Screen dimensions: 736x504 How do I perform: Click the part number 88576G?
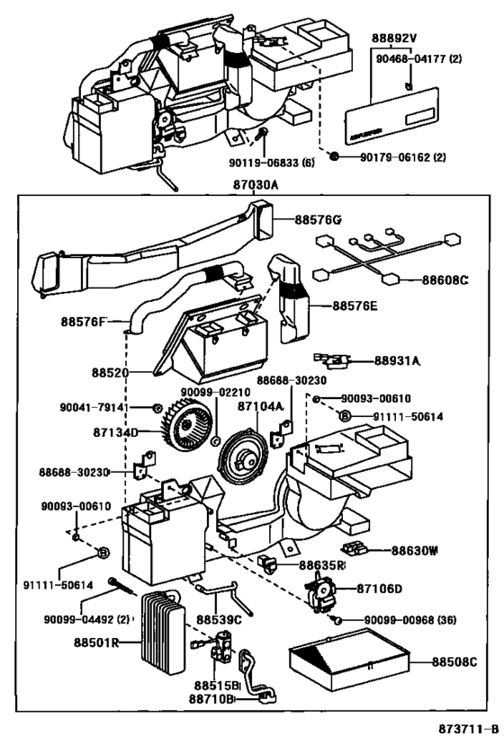coord(318,218)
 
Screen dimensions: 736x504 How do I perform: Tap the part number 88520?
coord(108,369)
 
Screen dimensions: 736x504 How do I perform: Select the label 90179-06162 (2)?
coord(400,157)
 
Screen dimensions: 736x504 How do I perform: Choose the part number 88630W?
coord(413,550)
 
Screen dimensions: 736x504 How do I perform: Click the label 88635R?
coord(322,565)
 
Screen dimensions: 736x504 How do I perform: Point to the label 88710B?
coord(211,697)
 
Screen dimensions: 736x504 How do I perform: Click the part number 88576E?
coord(354,306)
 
